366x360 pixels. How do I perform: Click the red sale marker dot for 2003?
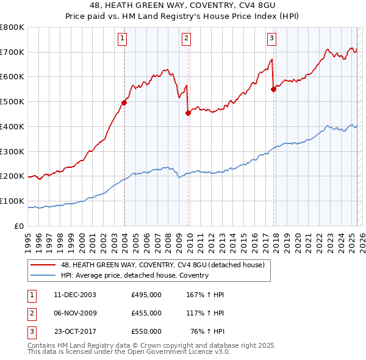[x=124, y=103]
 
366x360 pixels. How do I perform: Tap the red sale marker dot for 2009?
[x=188, y=112]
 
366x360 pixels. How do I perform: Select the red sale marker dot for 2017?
[x=273, y=89]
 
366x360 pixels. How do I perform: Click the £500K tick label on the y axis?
[x=12, y=102]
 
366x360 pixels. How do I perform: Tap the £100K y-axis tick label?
[x=12, y=201]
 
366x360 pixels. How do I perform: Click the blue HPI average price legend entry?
[x=135, y=275]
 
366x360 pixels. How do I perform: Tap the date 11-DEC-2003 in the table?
[x=75, y=295]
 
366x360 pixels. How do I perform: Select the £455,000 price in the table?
[x=146, y=313]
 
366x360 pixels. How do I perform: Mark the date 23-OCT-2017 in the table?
[x=75, y=331]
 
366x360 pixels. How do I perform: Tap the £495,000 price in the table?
[x=146, y=295]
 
